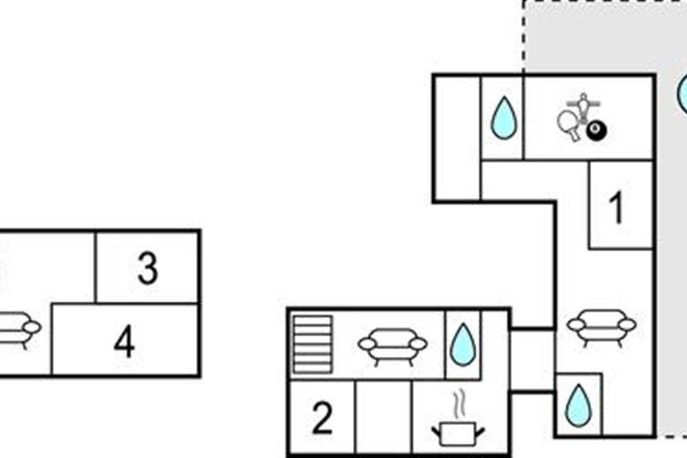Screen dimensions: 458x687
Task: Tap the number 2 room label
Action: [x=322, y=418]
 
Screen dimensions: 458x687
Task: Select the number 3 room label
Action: [x=148, y=269]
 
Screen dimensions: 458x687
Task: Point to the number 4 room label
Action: [x=124, y=342]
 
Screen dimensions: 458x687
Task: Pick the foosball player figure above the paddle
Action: [x=583, y=106]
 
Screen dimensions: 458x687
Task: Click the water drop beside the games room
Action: [x=504, y=119]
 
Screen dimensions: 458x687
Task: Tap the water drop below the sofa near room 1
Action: [x=577, y=405]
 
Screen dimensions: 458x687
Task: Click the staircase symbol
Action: [x=312, y=343]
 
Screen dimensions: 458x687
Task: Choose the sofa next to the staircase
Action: [x=392, y=345]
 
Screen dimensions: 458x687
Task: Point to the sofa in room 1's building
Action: [x=601, y=326]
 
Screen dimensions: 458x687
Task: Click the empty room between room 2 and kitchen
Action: [x=383, y=418]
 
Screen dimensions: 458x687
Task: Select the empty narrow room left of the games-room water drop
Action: [x=457, y=137]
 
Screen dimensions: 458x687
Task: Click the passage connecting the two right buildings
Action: [x=532, y=361]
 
